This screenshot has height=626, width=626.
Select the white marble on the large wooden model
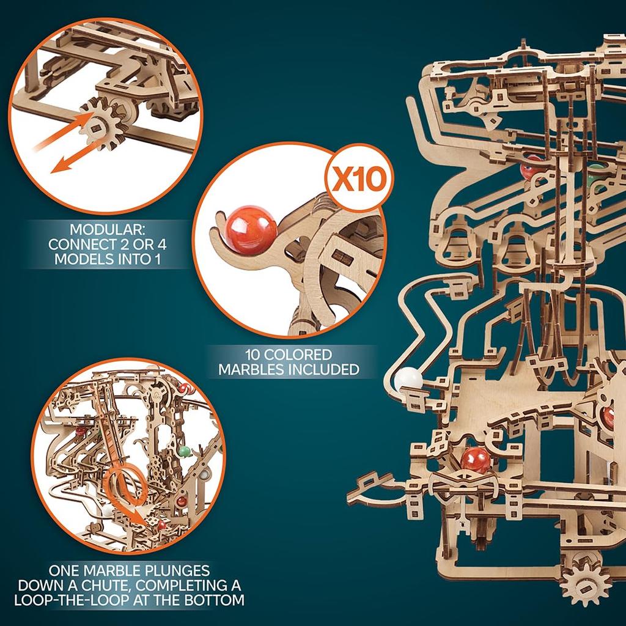[408, 380]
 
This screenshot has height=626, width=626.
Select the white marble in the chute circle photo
[108, 509]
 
